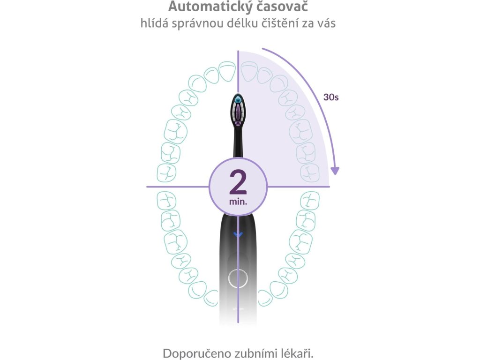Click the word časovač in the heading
(x=287, y=7)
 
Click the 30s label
(x=331, y=97)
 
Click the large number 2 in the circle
(x=238, y=182)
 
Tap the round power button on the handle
(x=238, y=278)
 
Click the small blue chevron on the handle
(x=238, y=234)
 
